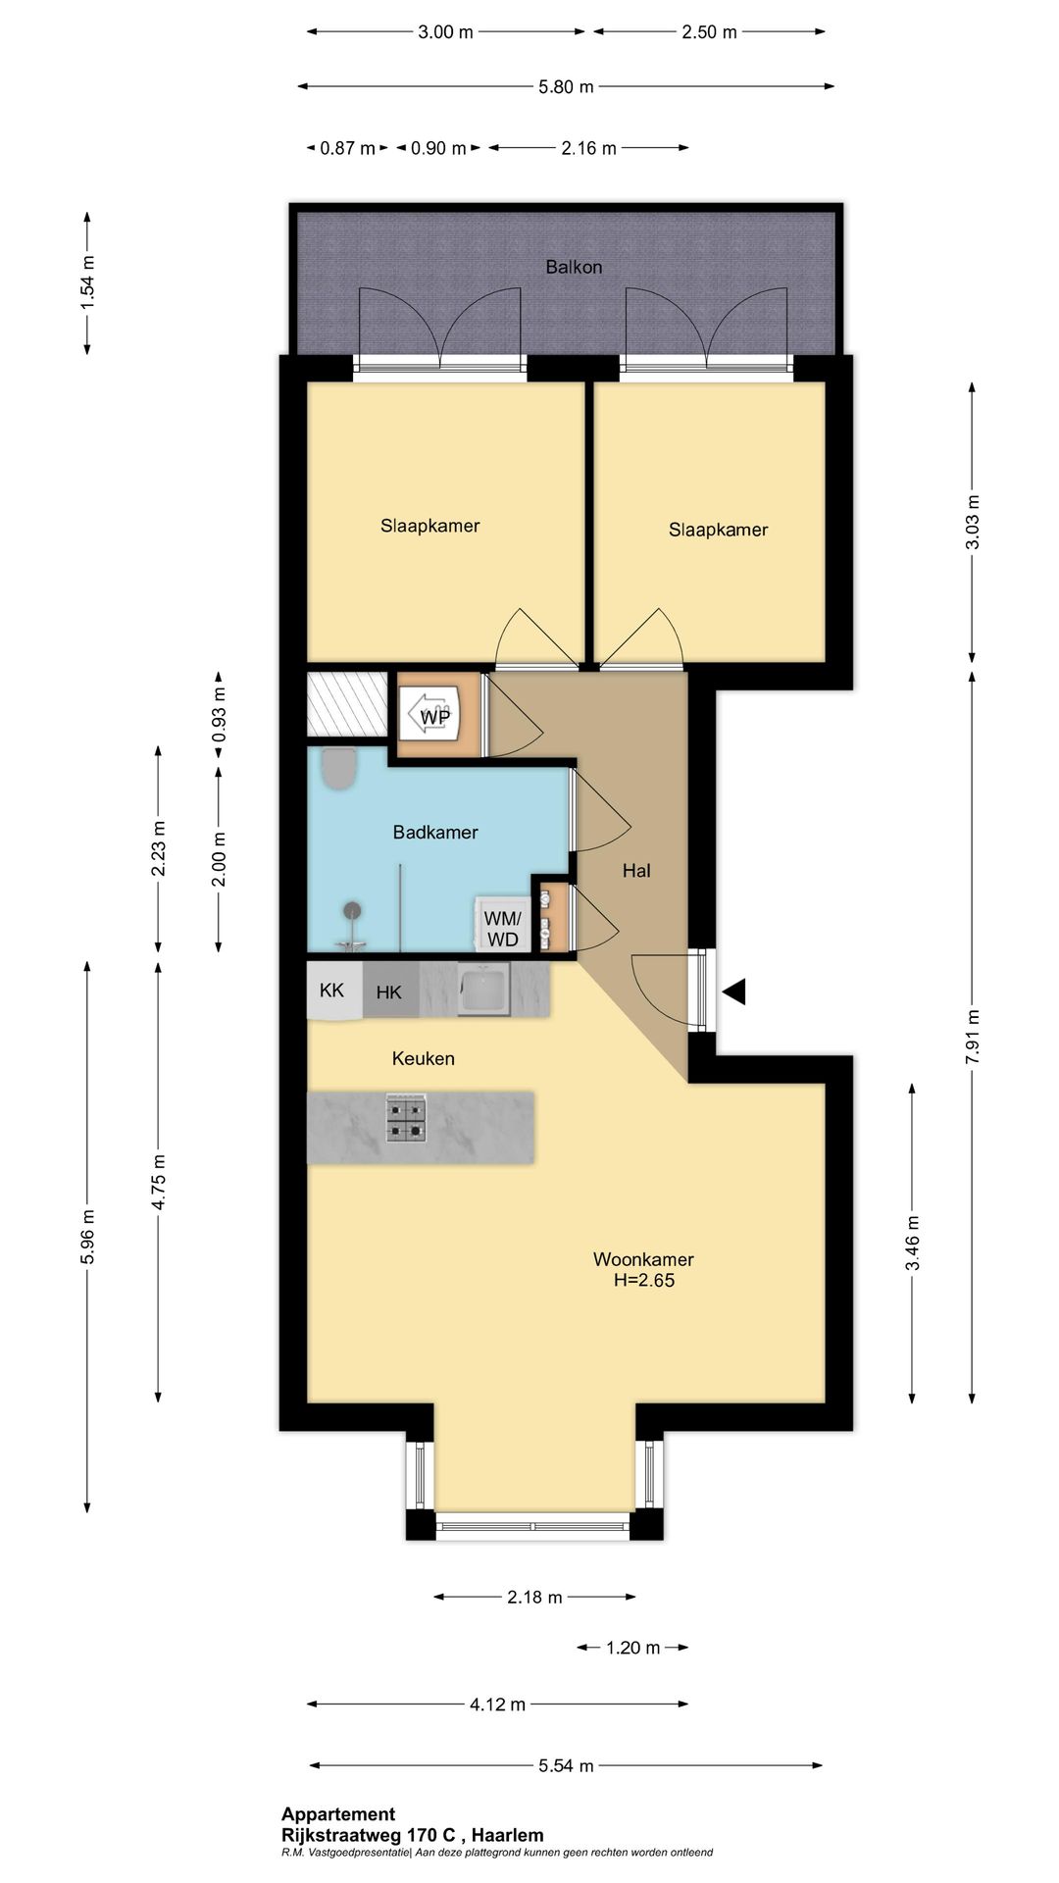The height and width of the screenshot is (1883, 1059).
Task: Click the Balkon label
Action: (574, 267)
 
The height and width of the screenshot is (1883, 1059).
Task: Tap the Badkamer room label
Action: (435, 833)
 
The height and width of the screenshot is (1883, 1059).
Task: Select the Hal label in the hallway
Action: (636, 870)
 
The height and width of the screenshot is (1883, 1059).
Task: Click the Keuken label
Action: (424, 1058)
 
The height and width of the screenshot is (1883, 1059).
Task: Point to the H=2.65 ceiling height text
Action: (644, 1280)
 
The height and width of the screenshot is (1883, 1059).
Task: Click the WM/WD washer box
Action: (503, 925)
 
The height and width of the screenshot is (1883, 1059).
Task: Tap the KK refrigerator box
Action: (333, 991)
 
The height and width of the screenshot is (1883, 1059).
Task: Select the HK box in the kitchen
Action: (390, 991)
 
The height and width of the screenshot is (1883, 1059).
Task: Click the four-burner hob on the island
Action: (406, 1118)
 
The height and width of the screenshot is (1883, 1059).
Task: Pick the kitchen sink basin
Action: (483, 988)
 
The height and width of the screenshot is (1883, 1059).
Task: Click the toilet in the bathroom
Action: (339, 768)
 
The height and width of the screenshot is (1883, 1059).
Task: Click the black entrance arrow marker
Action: (734, 992)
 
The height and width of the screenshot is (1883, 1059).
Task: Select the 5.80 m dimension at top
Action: (566, 86)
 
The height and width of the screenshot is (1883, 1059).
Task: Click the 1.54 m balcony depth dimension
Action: (87, 282)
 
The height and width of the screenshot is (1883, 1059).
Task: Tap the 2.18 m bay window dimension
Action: (534, 1598)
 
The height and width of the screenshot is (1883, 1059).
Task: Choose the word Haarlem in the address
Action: (507, 1835)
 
